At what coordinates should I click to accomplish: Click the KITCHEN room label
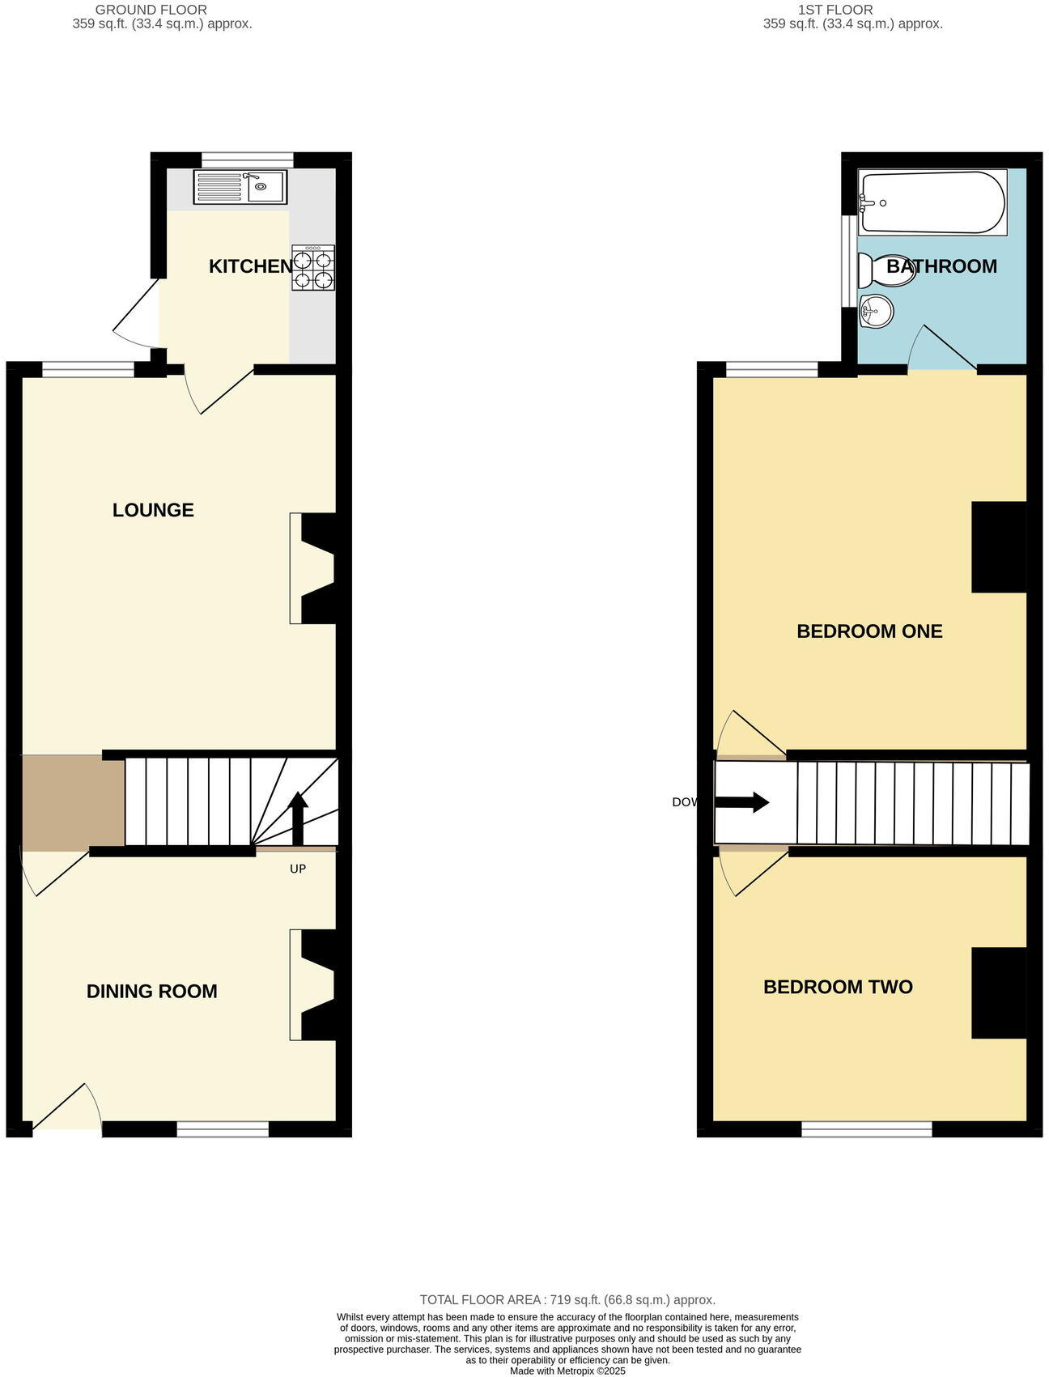(x=250, y=266)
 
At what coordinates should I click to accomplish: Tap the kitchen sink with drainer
(x=240, y=187)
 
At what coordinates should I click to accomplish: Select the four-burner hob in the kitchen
(x=313, y=268)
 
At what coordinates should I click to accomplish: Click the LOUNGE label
(x=153, y=510)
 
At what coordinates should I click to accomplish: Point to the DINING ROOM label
(x=152, y=992)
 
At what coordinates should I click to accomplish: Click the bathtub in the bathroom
(x=932, y=202)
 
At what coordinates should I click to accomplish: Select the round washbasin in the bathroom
(x=876, y=311)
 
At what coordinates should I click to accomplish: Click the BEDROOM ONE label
(x=869, y=631)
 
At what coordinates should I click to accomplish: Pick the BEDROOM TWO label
(x=838, y=987)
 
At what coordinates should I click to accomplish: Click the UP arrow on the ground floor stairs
(x=298, y=818)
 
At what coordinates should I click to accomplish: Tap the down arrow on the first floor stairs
(x=741, y=802)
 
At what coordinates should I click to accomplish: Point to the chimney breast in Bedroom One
(x=999, y=547)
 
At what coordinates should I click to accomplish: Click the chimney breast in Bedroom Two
(x=999, y=992)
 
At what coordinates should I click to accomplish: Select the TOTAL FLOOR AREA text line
(x=567, y=1300)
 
